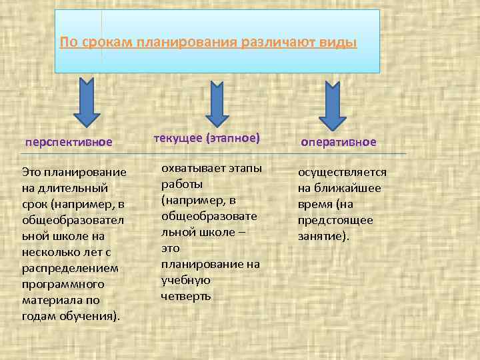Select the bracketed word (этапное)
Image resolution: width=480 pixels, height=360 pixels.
231,139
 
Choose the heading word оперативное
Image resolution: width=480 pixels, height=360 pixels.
339,142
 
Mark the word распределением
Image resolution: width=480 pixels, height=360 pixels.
70,268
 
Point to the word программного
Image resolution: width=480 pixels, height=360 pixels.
63,284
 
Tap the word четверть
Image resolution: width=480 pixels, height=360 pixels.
186,296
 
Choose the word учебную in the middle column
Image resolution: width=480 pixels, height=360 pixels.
186,280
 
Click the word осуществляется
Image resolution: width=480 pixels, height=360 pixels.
342,172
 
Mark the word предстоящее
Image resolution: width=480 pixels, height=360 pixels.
335,220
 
